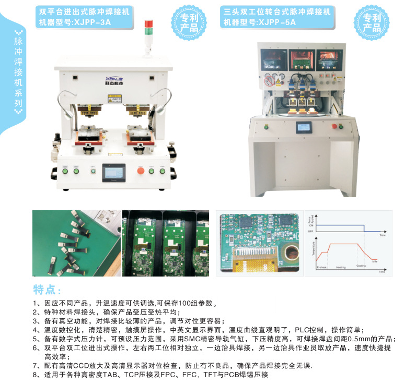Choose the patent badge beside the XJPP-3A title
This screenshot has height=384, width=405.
coord(187,23)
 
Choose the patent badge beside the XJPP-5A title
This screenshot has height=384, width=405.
coord(371,23)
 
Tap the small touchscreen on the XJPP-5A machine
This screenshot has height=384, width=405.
coord(304,127)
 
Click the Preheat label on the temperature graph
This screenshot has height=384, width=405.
coord(321,267)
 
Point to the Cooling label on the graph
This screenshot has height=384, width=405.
coord(361,266)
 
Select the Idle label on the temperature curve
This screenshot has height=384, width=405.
coord(375,261)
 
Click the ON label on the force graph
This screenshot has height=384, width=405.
coord(310,224)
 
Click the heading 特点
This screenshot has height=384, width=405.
coord(48,290)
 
